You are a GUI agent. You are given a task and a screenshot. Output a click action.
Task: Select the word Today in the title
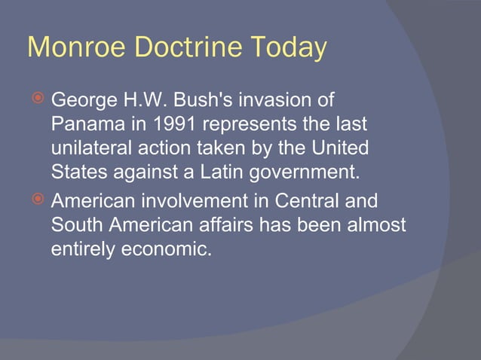pyautogui.click(x=284, y=48)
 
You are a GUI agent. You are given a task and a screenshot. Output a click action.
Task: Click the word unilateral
pyautogui.click(x=87, y=148)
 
